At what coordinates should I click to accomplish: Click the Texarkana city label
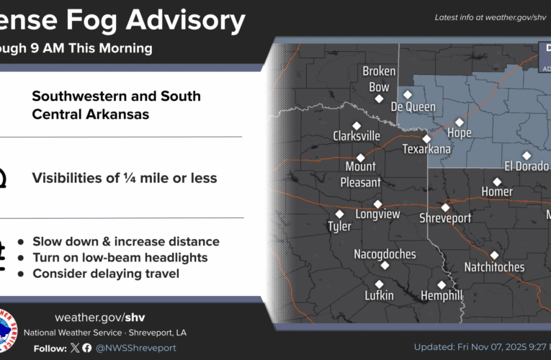(x=426, y=150)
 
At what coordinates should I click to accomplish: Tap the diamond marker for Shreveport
(x=445, y=207)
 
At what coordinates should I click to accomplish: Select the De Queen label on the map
(x=413, y=107)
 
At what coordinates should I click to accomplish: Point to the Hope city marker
(x=459, y=122)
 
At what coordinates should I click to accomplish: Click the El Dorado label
(x=527, y=166)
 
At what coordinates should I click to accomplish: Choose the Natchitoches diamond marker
(x=494, y=255)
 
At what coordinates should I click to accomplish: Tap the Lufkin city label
(x=379, y=296)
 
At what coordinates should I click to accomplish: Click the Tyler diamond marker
(x=339, y=214)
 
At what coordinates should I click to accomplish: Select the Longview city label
(x=377, y=214)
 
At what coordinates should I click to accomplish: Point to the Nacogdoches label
(x=385, y=254)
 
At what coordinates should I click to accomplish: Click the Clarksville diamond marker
(x=356, y=125)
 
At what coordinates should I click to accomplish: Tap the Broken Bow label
(x=379, y=79)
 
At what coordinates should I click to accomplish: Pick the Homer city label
(x=497, y=192)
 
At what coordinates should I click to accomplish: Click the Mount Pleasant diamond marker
(x=361, y=158)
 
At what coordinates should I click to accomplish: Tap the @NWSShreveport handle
(x=135, y=348)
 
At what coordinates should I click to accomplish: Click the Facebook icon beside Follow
(x=87, y=348)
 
